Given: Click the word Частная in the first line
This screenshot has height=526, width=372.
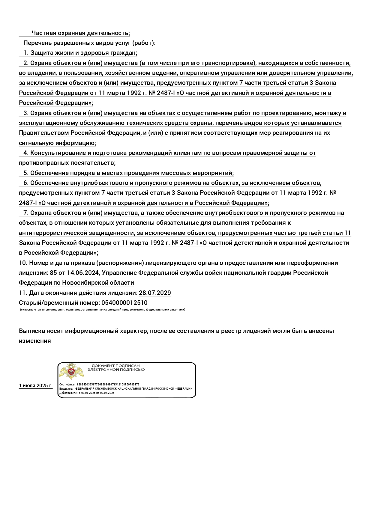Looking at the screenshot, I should (x=43, y=33).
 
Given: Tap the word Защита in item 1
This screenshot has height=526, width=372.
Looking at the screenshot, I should (x=40, y=53).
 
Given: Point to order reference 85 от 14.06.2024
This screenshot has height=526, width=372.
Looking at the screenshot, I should (x=74, y=273).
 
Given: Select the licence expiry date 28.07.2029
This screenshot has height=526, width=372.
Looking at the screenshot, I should (x=155, y=293).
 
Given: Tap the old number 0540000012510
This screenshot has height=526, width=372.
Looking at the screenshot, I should (x=124, y=303).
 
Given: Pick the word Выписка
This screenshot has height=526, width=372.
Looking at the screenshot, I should (x=31, y=331).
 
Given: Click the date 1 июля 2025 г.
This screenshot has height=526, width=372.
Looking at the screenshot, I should (x=35, y=385).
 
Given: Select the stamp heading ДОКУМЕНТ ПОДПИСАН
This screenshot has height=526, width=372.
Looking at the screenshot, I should (x=115, y=366).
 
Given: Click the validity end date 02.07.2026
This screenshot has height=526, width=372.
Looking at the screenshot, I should (x=107, y=393).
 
